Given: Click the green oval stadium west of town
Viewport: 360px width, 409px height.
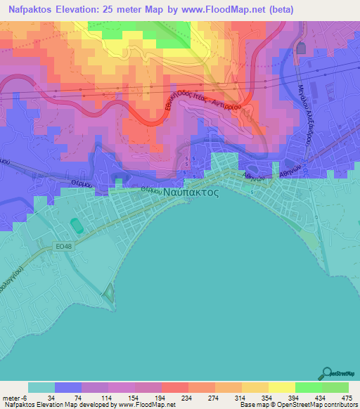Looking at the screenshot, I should click(x=75, y=227).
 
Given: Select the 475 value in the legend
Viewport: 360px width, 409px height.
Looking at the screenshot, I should click(x=347, y=398).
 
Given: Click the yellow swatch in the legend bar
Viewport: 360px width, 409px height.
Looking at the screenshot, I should click(x=281, y=387).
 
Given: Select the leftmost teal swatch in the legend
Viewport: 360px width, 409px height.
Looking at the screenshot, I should click(x=41, y=387).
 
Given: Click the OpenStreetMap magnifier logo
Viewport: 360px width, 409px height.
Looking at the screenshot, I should click(x=328, y=373).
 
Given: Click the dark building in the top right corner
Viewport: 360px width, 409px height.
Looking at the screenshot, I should click(x=302, y=48).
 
